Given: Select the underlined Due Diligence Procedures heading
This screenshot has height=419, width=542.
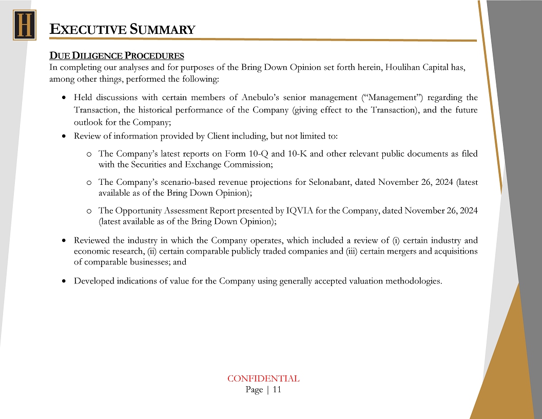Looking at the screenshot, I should pyautogui.click(x=117, y=55).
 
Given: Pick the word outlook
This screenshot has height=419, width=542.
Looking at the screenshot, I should pyautogui.click(x=87, y=122).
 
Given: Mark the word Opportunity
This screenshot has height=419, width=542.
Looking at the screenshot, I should pyautogui.click(x=139, y=211).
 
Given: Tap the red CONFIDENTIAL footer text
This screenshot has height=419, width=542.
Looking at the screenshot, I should pyautogui.click(x=263, y=378).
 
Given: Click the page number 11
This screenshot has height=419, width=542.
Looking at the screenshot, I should pyautogui.click(x=277, y=390).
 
